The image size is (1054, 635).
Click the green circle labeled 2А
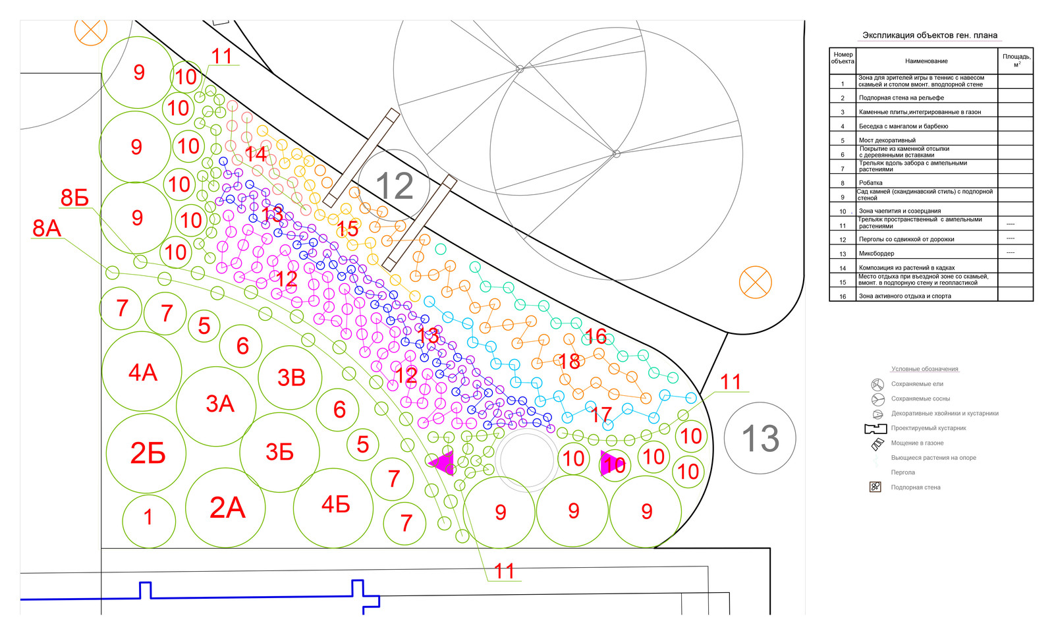[x=226, y=508]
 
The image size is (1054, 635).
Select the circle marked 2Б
[x=146, y=453]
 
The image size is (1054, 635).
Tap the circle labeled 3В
[x=291, y=377]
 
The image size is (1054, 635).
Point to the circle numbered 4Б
[x=334, y=505]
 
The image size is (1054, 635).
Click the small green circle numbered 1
[x=149, y=518]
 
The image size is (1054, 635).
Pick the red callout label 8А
[x=47, y=229]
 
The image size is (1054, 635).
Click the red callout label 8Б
[x=74, y=198]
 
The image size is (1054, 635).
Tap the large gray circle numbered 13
[x=760, y=438]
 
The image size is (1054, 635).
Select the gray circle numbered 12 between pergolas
[x=394, y=186]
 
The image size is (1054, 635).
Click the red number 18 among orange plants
[x=569, y=361]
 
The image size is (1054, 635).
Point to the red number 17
[x=601, y=414]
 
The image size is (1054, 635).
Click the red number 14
[x=256, y=154]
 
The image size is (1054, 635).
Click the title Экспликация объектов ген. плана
[x=929, y=36]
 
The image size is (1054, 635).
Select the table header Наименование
[x=926, y=61]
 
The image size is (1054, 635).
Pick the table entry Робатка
[x=870, y=183]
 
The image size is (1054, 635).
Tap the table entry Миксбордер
[x=875, y=254]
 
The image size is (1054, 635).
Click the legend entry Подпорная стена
[x=915, y=487]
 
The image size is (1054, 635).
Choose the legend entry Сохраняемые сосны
[x=920, y=399]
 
